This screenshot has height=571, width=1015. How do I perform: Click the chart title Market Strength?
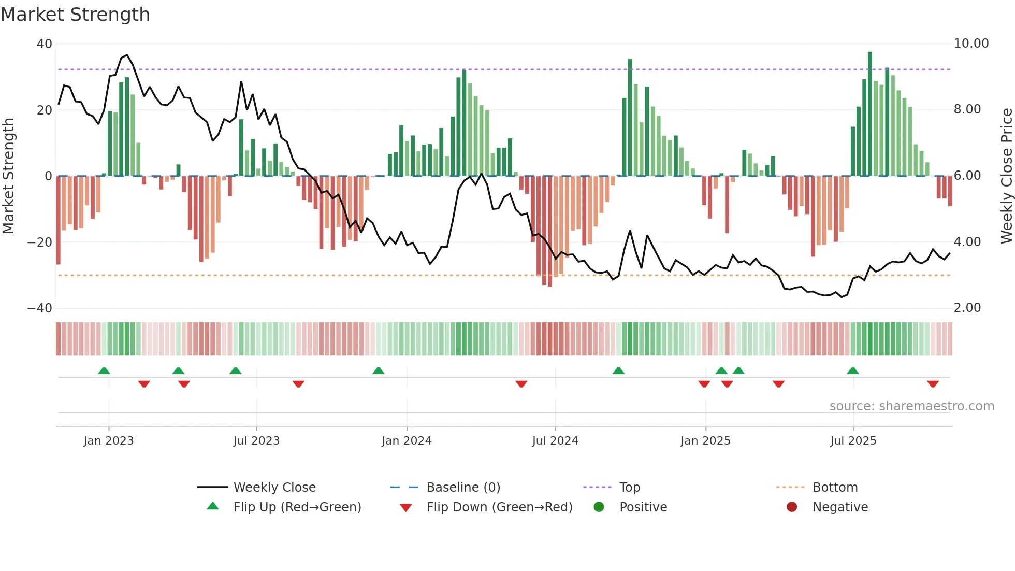75,15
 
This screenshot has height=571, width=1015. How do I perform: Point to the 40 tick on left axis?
45,44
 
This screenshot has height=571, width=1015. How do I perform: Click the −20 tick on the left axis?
40,242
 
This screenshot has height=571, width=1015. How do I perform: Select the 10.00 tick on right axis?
971,44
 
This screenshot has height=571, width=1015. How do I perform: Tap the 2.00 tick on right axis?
967,308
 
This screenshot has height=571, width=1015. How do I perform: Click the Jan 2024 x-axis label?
407,441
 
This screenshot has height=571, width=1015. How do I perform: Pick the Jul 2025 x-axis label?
853,441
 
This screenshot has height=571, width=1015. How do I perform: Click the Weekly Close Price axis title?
1006,176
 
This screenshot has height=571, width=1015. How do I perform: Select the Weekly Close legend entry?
274,488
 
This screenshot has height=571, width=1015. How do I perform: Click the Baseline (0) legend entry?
463,488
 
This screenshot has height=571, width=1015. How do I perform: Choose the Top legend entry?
629,488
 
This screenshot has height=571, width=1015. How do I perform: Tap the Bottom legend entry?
835,488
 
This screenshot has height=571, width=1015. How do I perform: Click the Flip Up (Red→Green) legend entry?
297,507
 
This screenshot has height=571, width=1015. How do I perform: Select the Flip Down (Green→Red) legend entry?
499,507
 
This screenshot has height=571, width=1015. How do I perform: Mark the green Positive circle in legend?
599,507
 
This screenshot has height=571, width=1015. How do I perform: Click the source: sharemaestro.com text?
911,406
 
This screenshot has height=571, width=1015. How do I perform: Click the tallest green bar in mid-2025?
870,114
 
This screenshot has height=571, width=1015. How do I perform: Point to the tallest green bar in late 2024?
630,118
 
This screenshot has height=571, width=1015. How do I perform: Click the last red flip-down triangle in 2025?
933,384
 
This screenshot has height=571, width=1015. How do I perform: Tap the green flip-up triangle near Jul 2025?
852,370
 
